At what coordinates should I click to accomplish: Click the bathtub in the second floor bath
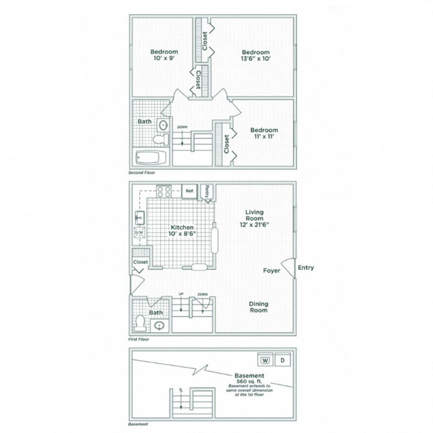150,158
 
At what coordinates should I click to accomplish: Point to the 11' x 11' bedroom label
264,134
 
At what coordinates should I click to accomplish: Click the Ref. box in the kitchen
189,191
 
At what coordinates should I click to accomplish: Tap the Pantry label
207,191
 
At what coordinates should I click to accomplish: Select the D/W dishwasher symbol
139,234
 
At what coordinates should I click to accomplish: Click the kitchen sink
139,218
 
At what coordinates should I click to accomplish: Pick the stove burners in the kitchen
164,191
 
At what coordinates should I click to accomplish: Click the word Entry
305,267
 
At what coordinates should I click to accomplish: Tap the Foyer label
272,271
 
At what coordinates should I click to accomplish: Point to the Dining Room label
259,307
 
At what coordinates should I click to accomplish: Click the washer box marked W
265,360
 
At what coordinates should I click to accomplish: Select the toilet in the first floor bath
141,323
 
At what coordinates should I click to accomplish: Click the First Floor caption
139,340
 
